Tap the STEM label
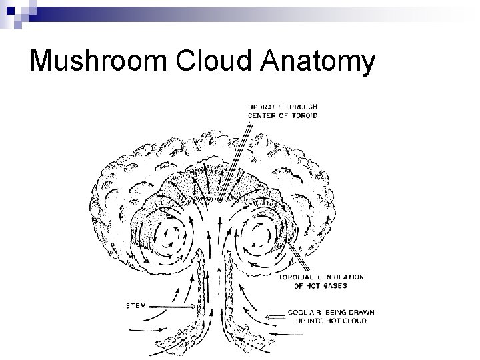(137, 306)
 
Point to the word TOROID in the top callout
(303, 115)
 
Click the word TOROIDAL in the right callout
(299, 277)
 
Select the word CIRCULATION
(341, 277)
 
